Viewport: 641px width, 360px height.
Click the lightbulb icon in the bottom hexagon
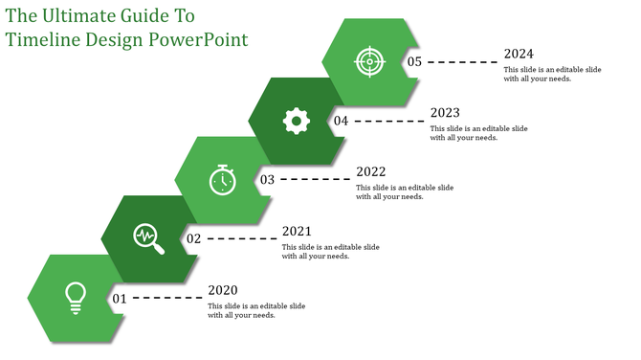point(75,298)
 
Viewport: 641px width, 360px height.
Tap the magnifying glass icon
point(148,238)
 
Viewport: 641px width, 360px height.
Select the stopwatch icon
point(222,179)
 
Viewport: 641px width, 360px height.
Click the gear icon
point(296,120)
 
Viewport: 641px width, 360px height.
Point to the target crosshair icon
point(369,61)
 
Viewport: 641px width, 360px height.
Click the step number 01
point(120,299)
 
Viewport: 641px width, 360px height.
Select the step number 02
point(193,238)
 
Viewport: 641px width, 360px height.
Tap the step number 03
point(267,179)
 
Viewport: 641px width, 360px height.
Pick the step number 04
point(341,121)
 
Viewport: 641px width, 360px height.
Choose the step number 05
point(414,61)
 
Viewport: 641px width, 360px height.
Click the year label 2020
point(223,290)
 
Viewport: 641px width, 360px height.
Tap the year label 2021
point(297,231)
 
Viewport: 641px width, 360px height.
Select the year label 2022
point(370,171)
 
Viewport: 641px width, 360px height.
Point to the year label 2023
point(445,112)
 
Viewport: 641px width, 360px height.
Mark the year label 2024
point(519,54)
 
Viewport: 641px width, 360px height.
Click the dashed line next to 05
point(462,61)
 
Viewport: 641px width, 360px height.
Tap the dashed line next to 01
point(167,299)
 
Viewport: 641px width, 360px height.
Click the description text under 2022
point(405,191)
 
